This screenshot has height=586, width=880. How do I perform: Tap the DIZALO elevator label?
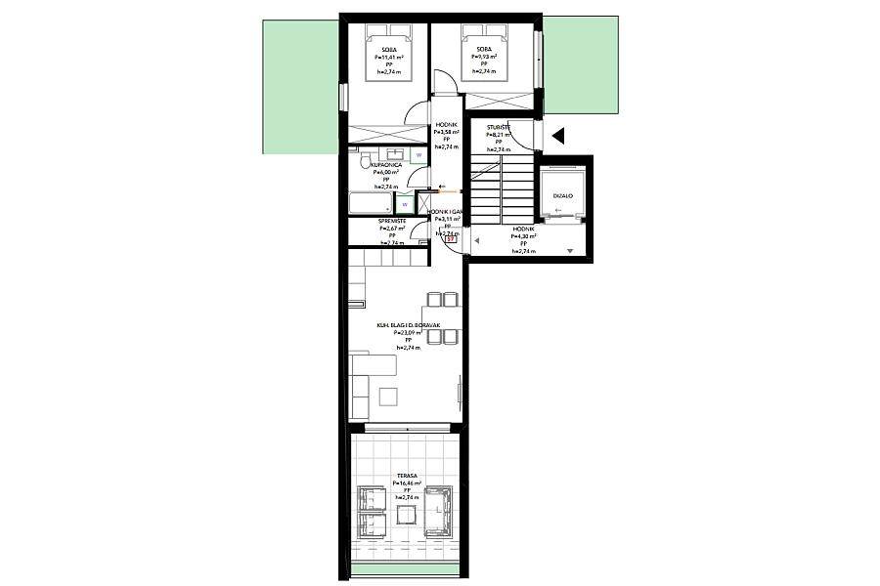pyautogui.click(x=562, y=195)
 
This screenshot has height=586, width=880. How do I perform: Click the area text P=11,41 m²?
pyautogui.click(x=389, y=57)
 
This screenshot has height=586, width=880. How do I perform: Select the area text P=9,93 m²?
pyautogui.click(x=484, y=57)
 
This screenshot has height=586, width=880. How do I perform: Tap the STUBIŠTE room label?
pyautogui.click(x=499, y=127)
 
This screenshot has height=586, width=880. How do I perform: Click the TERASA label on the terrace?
pyautogui.click(x=407, y=475)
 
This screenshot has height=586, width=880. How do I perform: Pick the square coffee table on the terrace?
pyautogui.click(x=406, y=510)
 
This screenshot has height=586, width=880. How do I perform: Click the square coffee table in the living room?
pyautogui.click(x=390, y=396)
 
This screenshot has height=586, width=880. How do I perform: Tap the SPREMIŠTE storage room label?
pyautogui.click(x=392, y=221)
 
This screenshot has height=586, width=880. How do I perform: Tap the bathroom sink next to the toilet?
pyautogui.click(x=395, y=154)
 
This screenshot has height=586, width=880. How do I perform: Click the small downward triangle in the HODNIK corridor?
pyautogui.click(x=570, y=251)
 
